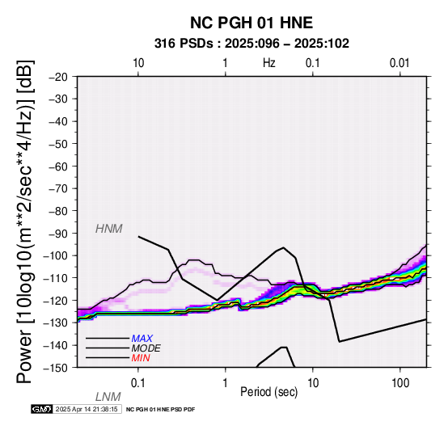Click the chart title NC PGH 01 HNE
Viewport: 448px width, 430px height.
[251, 23]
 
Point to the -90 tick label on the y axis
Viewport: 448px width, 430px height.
[58, 234]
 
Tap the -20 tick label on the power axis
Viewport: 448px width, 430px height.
[58, 77]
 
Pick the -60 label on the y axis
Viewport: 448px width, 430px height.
[58, 167]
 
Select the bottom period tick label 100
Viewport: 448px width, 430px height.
[400, 383]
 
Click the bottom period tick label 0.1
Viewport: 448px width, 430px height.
[138, 383]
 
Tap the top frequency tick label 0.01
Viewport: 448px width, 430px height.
[399, 63]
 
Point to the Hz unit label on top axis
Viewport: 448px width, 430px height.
[269, 63]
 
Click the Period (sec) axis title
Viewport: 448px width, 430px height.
[268, 392]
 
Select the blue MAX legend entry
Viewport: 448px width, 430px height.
[142, 339]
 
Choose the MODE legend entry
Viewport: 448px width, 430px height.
[146, 348]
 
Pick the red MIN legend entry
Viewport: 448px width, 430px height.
[141, 358]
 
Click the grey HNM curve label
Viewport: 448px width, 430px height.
[109, 229]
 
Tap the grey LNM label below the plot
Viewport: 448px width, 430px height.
[108, 397]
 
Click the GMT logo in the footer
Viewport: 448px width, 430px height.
[42, 409]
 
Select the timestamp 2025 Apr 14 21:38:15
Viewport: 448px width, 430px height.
[87, 410]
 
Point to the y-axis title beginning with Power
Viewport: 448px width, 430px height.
[25, 222]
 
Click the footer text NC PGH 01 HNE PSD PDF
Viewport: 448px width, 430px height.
[160, 410]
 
